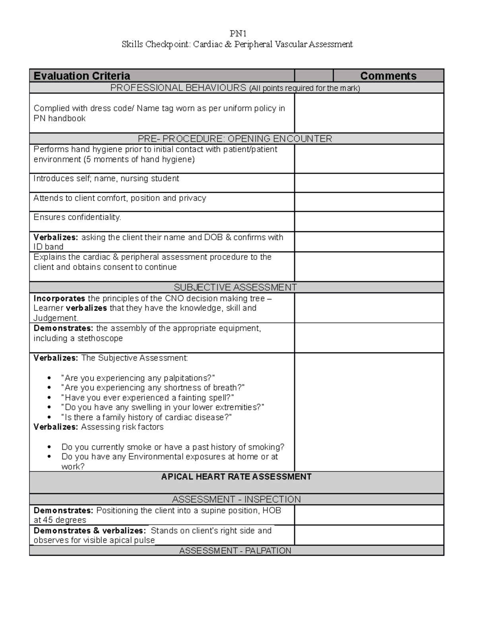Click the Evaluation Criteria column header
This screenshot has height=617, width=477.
pyautogui.click(x=82, y=75)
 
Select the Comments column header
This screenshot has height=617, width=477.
pyautogui.click(x=388, y=75)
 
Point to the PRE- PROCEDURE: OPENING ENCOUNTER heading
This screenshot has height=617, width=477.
pyautogui.click(x=235, y=139)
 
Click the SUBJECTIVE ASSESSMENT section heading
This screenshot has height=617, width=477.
pyautogui.click(x=235, y=287)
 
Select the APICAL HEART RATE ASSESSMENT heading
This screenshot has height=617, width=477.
pyautogui.click(x=236, y=477)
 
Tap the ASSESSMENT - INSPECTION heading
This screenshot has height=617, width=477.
pyautogui.click(x=236, y=499)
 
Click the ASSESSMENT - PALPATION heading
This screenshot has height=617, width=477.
pyautogui.click(x=235, y=551)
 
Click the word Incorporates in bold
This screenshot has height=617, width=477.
pyautogui.click(x=59, y=298)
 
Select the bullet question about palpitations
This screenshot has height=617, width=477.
pyautogui.click(x=138, y=378)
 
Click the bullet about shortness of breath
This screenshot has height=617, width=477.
pyautogui.click(x=153, y=388)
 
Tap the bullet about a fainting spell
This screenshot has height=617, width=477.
pyautogui.click(x=147, y=398)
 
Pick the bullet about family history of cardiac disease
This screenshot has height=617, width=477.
pyautogui.click(x=146, y=417)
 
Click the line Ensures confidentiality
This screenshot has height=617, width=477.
pyautogui.click(x=77, y=217)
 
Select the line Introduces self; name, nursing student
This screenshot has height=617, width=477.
pyautogui.click(x=106, y=179)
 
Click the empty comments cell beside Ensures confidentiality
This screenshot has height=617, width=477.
pyautogui.click(x=369, y=221)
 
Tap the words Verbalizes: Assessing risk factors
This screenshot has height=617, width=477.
pyautogui.click(x=99, y=427)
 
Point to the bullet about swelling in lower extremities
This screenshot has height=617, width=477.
pyautogui.click(x=163, y=407)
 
